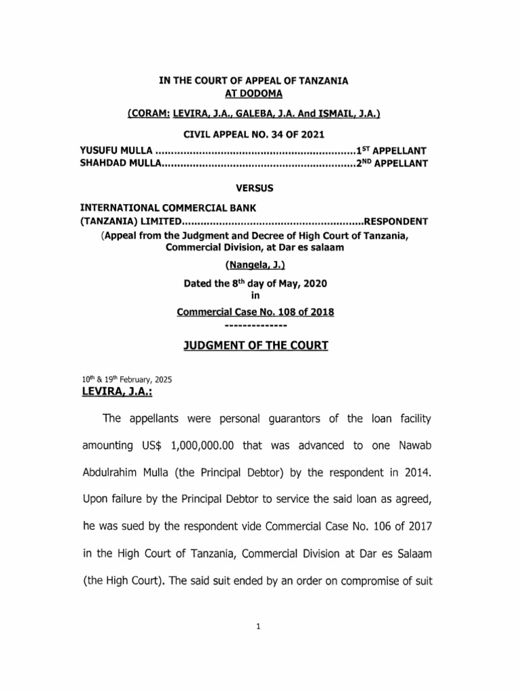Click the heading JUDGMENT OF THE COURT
click(x=256, y=345)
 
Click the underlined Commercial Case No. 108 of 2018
click(x=255, y=312)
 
